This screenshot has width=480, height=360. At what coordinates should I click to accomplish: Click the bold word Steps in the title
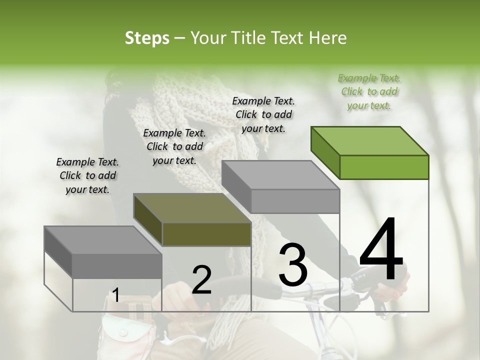tap(147, 38)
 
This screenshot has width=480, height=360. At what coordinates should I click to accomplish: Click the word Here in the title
tap(328, 38)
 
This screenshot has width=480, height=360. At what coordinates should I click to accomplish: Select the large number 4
tap(381, 250)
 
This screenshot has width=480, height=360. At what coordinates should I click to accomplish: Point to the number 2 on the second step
tap(201, 280)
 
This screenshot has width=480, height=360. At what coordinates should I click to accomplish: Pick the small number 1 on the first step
tap(115, 295)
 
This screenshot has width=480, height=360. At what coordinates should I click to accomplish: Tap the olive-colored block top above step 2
tap(192, 208)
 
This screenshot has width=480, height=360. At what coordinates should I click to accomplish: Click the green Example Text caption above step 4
tap(369, 91)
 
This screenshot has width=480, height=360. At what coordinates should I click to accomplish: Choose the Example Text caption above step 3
tap(263, 114)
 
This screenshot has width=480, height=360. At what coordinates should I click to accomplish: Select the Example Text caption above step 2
tap(174, 146)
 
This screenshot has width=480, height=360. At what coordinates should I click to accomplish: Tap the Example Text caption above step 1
tap(87, 175)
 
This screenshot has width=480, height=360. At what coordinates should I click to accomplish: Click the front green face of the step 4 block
tap(384, 167)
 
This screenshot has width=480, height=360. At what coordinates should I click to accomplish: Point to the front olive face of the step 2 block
tap(206, 234)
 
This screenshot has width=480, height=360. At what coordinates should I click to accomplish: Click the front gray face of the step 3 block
tap(295, 201)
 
